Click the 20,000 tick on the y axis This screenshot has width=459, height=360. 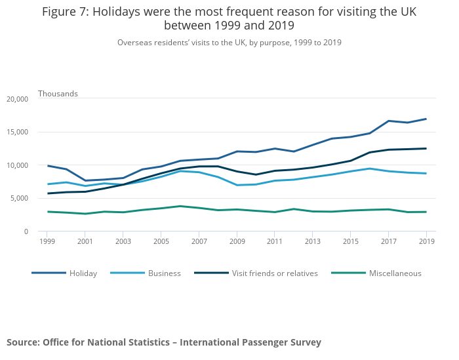point(18,99)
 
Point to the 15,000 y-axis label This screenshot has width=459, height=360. point(18,132)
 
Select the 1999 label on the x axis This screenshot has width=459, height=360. point(47,241)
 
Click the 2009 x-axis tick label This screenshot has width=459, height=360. point(237,241)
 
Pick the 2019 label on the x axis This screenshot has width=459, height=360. point(426,241)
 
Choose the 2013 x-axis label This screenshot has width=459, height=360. point(313,241)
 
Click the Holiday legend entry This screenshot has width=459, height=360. point(83,273)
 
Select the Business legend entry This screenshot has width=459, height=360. point(164,273)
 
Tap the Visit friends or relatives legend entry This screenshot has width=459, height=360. point(274,273)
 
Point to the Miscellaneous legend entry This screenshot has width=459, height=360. point(395,273)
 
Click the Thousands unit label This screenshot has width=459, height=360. point(58,94)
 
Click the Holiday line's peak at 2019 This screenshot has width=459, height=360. point(426,119)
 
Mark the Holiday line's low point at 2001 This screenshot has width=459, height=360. point(85,180)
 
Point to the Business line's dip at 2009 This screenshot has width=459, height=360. point(237,185)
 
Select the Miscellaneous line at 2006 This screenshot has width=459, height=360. point(180,206)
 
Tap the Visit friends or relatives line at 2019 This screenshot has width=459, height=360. point(426,148)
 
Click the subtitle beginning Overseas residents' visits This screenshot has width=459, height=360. point(229,43)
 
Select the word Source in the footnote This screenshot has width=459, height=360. point(22,342)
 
